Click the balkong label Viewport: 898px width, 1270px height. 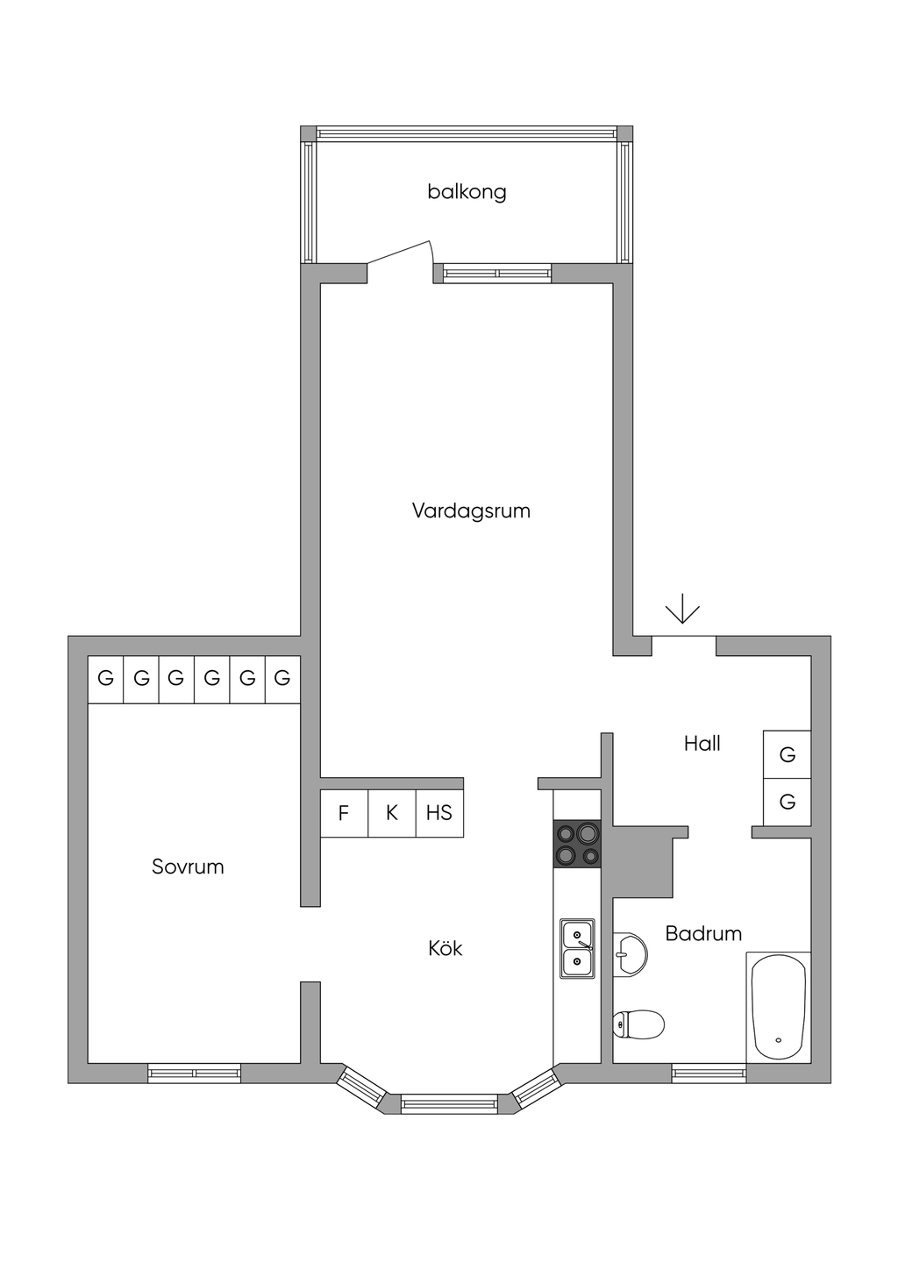467,192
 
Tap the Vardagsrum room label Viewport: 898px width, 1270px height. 471,510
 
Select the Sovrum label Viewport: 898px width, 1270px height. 188,867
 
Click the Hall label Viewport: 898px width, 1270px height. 702,743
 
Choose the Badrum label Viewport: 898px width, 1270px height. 703,933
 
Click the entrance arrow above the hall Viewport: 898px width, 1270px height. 682,609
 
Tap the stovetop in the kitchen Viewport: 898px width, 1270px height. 577,844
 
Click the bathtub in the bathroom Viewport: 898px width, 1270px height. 779,1007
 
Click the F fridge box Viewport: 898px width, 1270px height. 344,813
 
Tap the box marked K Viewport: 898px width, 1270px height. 392,813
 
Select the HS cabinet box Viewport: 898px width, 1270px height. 439,813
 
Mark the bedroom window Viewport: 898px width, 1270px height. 194,1073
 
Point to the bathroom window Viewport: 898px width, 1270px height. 709,1073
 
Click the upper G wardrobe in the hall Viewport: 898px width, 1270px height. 787,754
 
